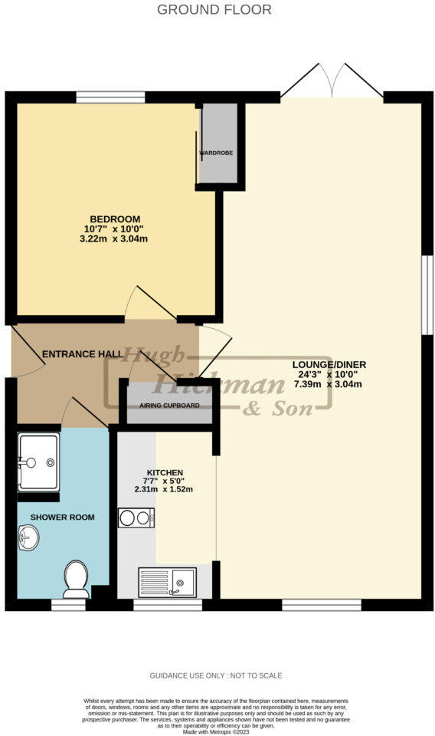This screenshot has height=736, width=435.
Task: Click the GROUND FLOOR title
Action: [214, 10]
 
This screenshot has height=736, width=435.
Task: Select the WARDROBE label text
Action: [217, 153]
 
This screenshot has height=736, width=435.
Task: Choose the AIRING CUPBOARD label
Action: [169, 405]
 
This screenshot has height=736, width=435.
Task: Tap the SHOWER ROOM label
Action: [63, 517]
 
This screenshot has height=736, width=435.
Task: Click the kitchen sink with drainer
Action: [167, 582]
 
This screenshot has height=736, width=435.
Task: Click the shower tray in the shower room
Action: [38, 462]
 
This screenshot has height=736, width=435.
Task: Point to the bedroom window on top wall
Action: [110, 97]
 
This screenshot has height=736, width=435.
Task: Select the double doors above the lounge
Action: [332, 80]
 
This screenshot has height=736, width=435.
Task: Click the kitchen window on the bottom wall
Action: [168, 605]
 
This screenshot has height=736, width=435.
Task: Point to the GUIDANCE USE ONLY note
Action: [215, 675]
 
